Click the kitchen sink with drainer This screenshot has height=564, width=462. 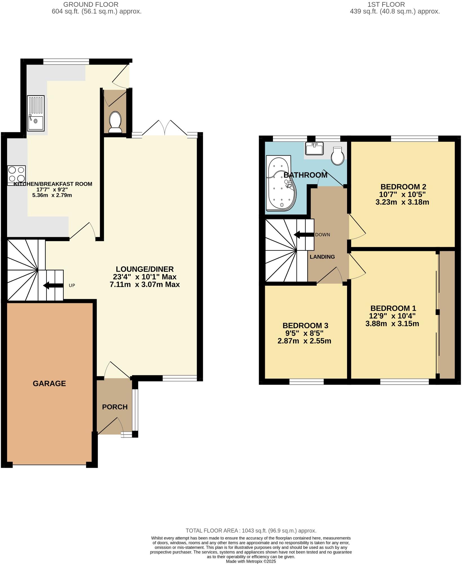[x=36, y=113]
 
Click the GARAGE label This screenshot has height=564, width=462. [x=49, y=383]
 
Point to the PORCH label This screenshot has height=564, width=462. [x=115, y=407]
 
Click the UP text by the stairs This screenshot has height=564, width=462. [x=72, y=285]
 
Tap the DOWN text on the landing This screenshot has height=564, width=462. [x=322, y=235]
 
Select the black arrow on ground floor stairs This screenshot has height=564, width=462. [x=53, y=285]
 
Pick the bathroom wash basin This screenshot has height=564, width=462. [x=314, y=148]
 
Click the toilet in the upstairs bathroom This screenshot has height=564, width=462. [x=337, y=156]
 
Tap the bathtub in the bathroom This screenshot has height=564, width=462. [x=281, y=184]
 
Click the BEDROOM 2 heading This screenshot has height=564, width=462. [x=403, y=187]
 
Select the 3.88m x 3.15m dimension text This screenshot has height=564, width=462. [x=392, y=323]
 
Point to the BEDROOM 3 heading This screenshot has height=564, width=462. [x=305, y=325]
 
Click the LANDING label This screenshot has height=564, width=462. [x=322, y=257]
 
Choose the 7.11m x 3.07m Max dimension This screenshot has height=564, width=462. [x=145, y=284]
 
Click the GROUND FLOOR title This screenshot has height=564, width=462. [x=91, y=5]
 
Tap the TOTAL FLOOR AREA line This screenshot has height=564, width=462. [x=251, y=531]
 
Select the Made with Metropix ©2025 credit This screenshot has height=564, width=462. [x=251, y=561]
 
